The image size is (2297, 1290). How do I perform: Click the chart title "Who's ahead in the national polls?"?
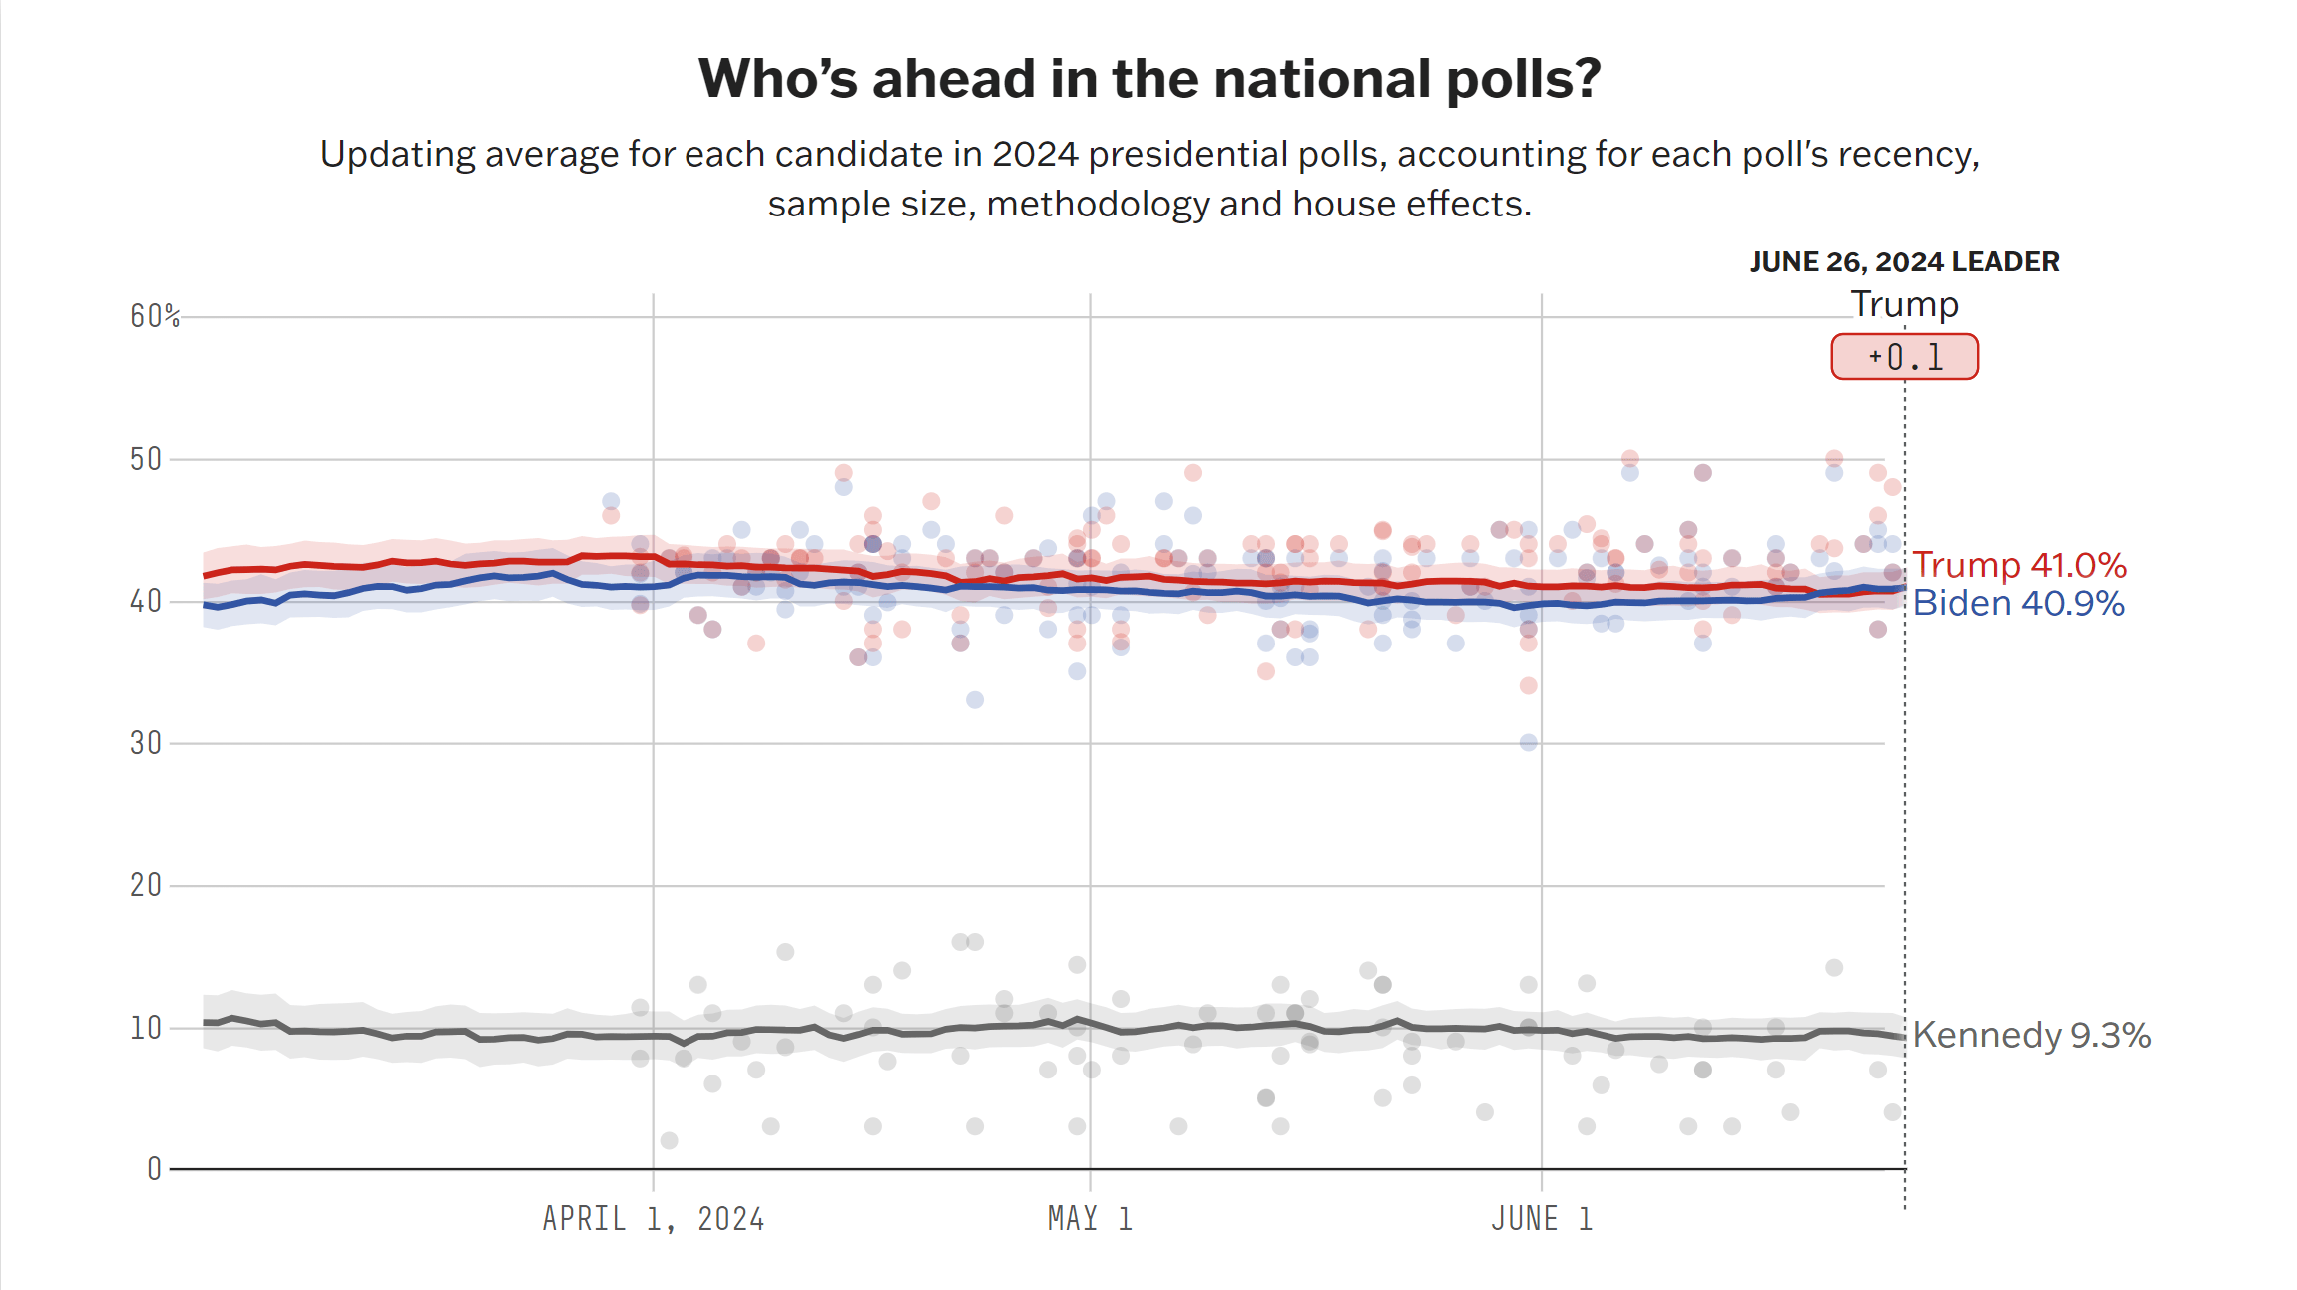tap(1149, 79)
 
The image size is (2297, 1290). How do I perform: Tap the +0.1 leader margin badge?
tap(1904, 357)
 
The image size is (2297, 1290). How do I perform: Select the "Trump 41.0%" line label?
tap(2020, 565)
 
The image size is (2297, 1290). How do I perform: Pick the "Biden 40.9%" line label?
tap(2019, 603)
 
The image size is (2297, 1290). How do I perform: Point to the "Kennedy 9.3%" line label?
tap(2032, 1035)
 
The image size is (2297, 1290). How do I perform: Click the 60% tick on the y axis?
tap(155, 316)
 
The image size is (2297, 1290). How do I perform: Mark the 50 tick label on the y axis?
tap(146, 459)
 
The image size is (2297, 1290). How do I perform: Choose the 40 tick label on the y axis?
tap(146, 601)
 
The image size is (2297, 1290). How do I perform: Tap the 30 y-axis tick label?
tap(146, 743)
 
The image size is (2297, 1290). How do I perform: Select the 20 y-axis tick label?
tap(146, 885)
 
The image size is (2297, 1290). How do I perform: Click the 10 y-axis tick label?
tap(146, 1028)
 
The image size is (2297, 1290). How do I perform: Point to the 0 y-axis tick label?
tap(154, 1169)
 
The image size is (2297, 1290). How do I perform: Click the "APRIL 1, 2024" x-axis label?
tap(654, 1219)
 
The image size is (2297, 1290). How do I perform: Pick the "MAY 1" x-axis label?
tap(1090, 1219)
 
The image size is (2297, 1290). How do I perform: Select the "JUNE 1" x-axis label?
tap(1542, 1219)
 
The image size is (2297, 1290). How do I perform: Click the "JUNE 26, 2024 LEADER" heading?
tap(1904, 262)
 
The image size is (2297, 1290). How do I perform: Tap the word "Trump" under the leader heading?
tap(1904, 304)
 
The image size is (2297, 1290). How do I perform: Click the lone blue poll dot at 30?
tap(1529, 742)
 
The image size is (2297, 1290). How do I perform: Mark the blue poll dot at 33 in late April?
tap(975, 700)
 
